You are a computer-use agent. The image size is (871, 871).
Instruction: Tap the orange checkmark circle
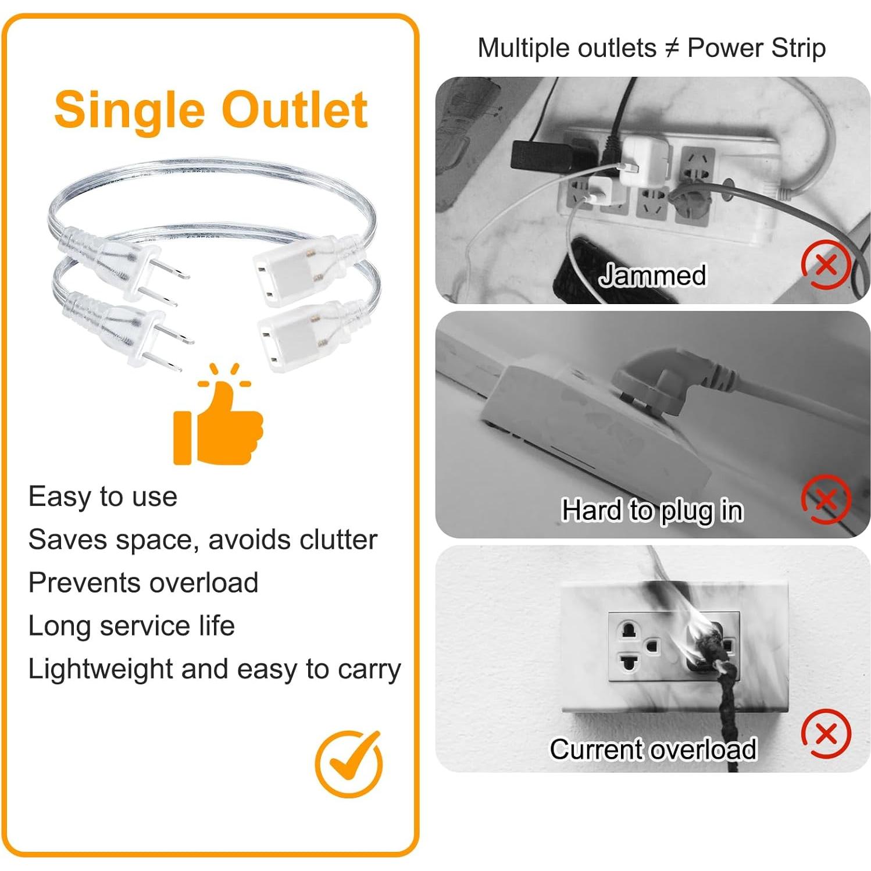click(349, 764)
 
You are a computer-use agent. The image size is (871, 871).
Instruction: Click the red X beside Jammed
click(826, 265)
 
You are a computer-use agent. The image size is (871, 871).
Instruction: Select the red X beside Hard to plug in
click(826, 499)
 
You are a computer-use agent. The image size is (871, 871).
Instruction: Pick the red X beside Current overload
click(826, 734)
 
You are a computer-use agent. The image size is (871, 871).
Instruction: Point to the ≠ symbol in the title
click(671, 48)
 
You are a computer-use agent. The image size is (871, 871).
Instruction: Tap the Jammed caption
click(652, 275)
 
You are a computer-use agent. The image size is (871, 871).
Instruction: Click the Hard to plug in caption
click(652, 511)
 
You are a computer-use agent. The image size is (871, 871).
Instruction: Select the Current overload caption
click(652, 749)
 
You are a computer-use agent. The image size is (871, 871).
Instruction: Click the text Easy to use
click(103, 497)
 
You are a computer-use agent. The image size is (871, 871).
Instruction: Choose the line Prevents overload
click(143, 583)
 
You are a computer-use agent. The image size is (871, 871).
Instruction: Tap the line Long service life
click(131, 626)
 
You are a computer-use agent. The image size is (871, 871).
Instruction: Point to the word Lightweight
click(100, 669)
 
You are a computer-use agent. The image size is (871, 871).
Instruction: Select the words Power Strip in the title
click(756, 48)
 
